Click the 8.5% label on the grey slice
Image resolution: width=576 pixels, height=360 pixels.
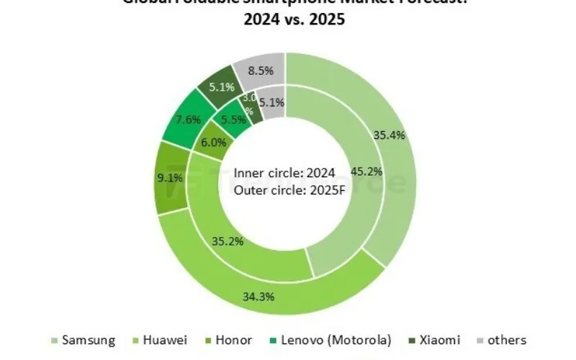(260, 71)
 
